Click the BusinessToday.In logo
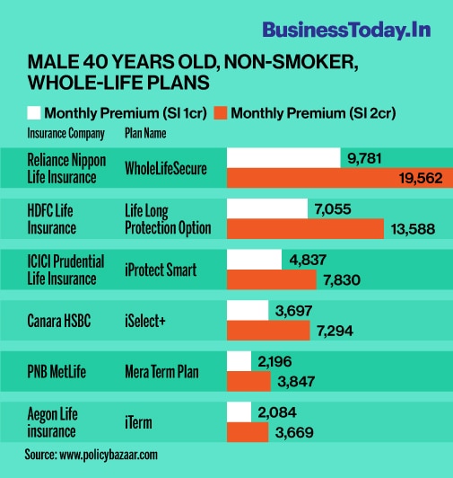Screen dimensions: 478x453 click(x=346, y=29)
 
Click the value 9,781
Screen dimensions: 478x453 click(x=363, y=158)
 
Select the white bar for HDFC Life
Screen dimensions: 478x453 click(x=267, y=208)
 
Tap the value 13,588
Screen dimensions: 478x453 click(x=414, y=229)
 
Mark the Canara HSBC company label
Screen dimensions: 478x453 click(x=59, y=319)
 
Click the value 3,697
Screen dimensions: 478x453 click(x=293, y=310)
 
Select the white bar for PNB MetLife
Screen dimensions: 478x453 click(x=239, y=360)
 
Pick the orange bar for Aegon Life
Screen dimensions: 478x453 click(x=247, y=432)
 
